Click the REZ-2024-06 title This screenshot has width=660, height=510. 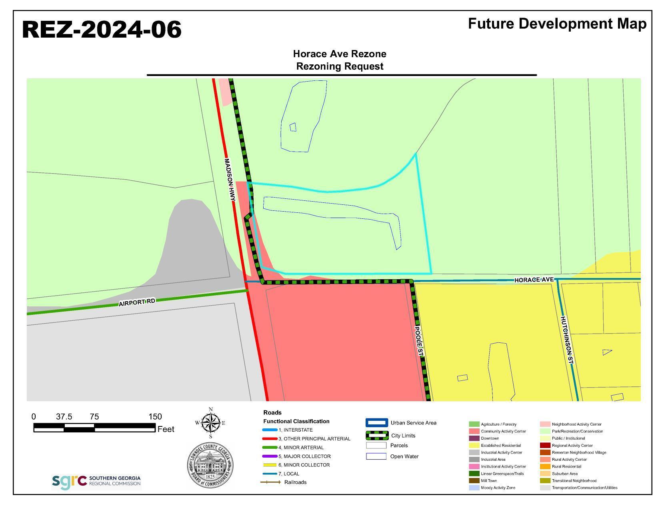(x=102, y=30)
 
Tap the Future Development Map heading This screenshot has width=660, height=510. (x=557, y=24)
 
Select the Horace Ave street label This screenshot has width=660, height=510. (x=534, y=280)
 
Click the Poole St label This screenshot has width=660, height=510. (x=419, y=341)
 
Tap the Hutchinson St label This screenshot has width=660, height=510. (x=567, y=340)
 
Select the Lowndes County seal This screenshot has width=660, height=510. (x=210, y=465)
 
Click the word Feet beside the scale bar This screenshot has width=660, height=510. (x=166, y=429)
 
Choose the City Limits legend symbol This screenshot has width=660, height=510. (x=377, y=435)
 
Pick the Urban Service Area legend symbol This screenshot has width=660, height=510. (x=377, y=423)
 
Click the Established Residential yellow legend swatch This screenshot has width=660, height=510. (x=474, y=445)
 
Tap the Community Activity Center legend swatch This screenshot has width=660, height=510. (x=474, y=431)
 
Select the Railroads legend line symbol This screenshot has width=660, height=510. (x=270, y=482)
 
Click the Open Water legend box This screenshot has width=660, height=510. (x=376, y=456)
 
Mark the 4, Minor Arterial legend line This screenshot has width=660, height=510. (x=270, y=448)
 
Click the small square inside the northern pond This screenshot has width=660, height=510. (x=293, y=127)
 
